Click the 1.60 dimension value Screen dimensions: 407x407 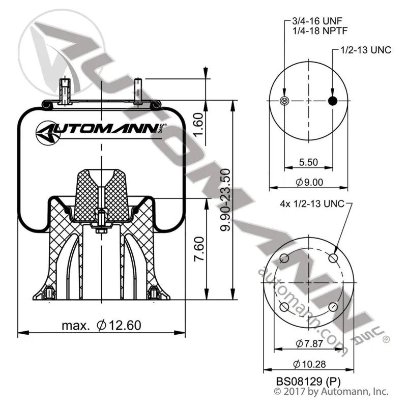(198, 124)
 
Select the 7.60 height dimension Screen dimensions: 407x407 (199, 249)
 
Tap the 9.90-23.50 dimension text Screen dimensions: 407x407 (225, 200)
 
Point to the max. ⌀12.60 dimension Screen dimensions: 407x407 (101, 325)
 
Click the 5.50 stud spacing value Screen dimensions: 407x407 (308, 162)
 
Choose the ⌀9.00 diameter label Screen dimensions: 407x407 (309, 182)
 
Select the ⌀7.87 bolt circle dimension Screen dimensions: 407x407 (309, 343)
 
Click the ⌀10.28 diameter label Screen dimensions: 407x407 (309, 364)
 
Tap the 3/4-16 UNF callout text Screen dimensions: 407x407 (317, 21)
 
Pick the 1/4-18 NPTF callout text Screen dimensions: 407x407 (320, 31)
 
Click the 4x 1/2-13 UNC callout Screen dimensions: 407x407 (312, 204)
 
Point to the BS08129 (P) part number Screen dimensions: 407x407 (308, 381)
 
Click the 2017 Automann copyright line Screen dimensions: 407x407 (331, 391)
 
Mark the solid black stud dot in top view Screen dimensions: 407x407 (333, 101)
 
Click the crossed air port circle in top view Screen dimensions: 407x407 (284, 101)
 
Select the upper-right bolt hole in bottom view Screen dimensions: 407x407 (333, 258)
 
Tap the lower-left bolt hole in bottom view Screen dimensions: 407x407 (284, 307)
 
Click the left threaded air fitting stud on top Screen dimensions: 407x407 (65, 92)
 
